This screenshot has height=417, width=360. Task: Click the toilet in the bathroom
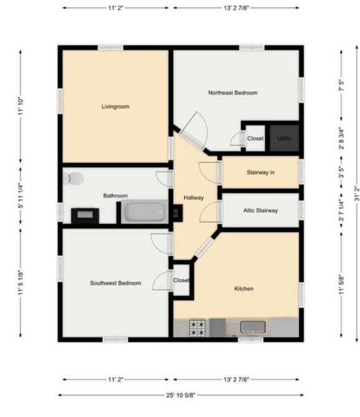(74, 179)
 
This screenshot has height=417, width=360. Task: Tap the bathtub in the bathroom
(144, 213)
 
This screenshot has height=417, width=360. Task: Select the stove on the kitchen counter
(198, 326)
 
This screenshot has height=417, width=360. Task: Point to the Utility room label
(285, 138)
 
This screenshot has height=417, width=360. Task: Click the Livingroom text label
(115, 107)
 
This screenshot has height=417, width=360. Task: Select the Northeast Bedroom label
(233, 93)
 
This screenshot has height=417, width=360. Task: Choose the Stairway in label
(260, 172)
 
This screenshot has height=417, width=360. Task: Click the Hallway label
(193, 198)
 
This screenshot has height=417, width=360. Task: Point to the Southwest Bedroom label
(115, 283)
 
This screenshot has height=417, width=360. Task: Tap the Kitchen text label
(243, 288)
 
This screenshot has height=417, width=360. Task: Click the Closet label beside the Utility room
(255, 138)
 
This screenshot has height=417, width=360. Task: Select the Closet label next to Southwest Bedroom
(181, 280)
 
